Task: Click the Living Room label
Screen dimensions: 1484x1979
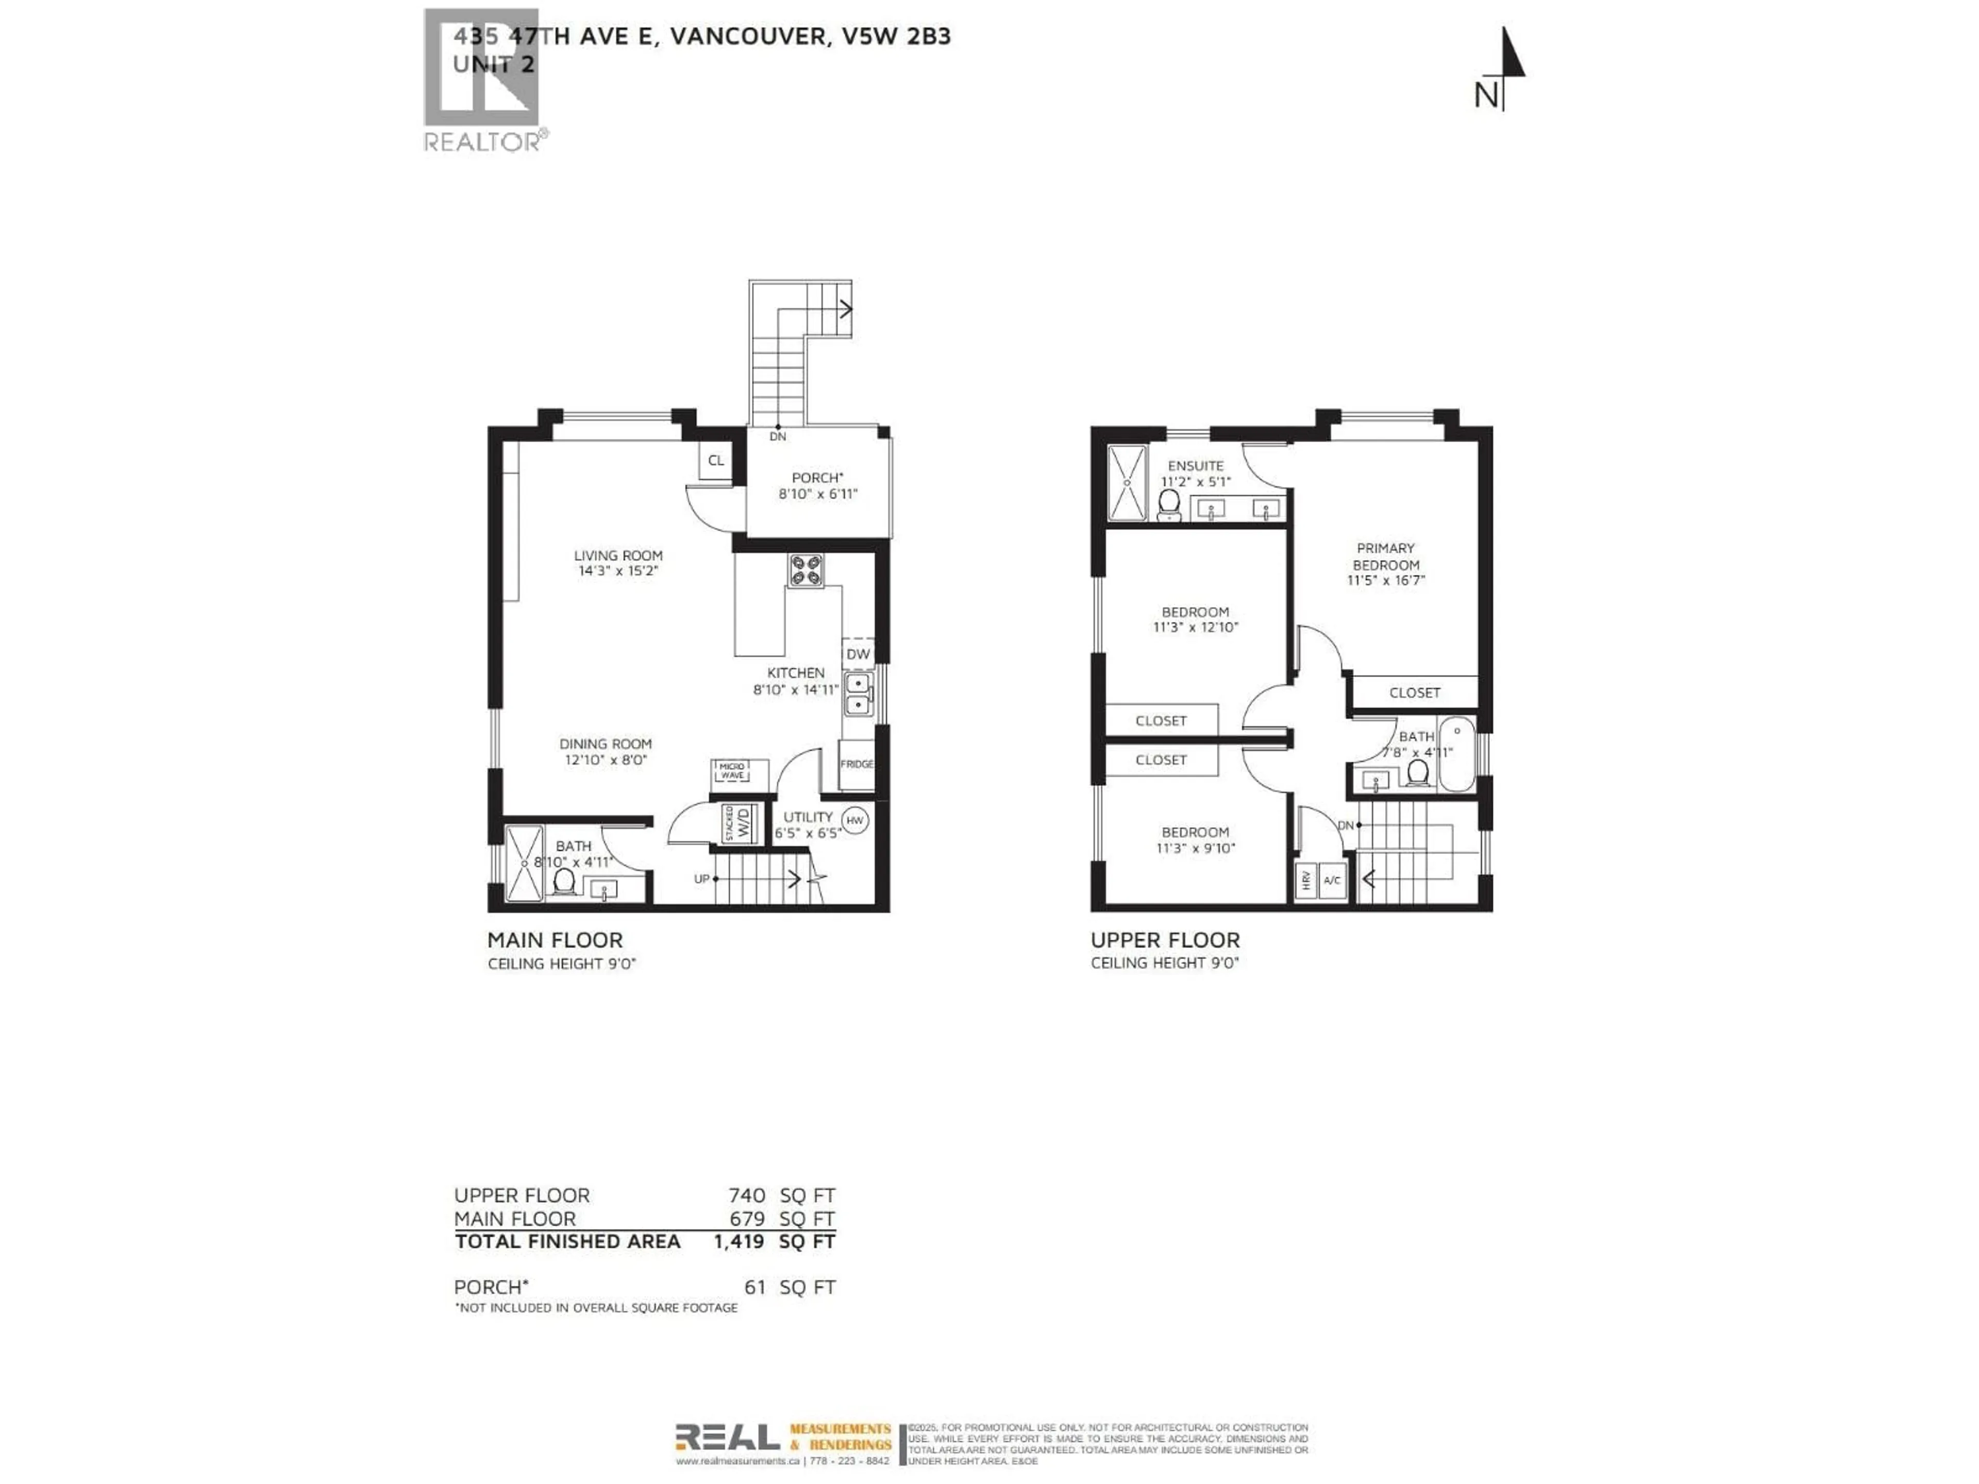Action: pos(618,555)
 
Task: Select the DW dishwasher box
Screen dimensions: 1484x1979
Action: pos(858,654)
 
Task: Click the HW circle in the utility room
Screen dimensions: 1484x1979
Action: pos(854,820)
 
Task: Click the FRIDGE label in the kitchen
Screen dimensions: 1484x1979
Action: pos(856,764)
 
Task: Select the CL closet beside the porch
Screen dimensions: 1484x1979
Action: pos(716,461)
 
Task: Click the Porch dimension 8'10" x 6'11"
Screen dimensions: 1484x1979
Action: pos(818,494)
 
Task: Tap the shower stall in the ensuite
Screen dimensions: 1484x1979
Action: pos(1127,483)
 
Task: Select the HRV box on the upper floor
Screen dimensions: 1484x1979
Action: pos(1305,880)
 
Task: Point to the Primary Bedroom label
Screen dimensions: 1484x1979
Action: pos(1386,556)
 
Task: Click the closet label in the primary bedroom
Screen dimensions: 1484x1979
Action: pos(1415,693)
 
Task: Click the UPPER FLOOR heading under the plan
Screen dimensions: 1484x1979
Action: pos(1165,940)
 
